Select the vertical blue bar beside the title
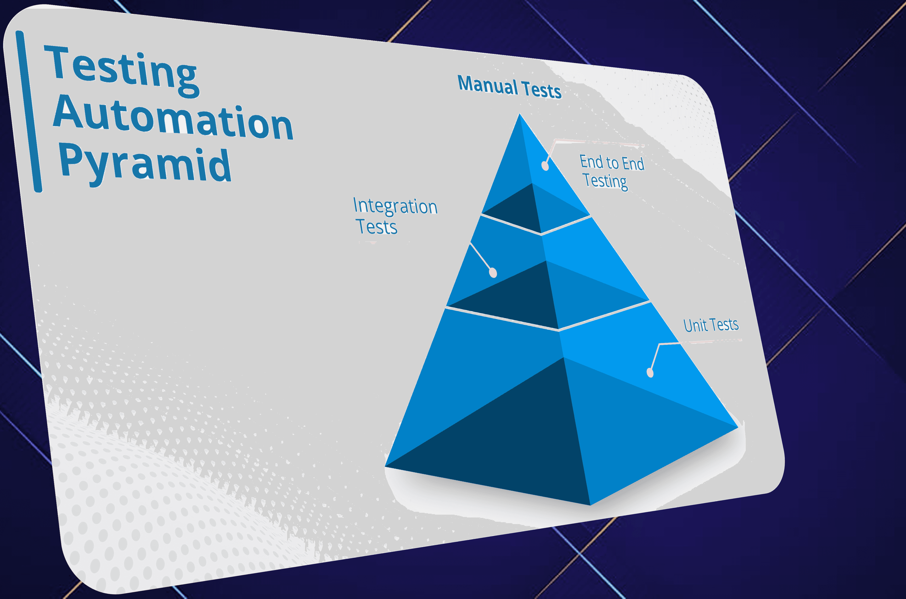(29, 111)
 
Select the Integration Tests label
(395, 216)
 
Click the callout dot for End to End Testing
(545, 166)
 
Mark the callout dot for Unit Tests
(650, 373)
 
